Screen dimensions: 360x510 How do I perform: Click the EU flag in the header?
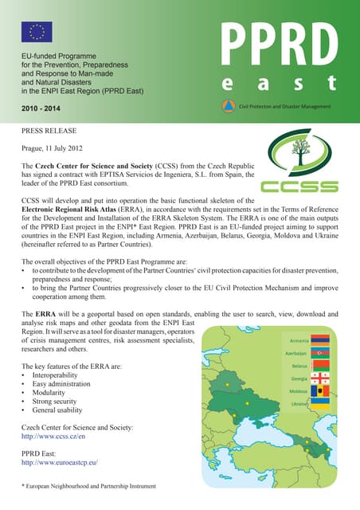coord(37,32)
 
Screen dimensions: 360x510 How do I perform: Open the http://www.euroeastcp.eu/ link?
coord(59,461)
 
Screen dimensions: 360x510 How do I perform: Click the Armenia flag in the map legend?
coord(319,339)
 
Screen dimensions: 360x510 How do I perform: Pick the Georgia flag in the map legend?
coord(319,379)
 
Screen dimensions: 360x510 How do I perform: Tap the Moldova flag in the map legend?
coord(319,391)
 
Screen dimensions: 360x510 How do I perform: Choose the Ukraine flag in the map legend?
coord(319,404)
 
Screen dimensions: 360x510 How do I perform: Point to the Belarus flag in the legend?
coord(319,366)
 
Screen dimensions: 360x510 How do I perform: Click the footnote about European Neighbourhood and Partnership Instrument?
coord(88,485)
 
